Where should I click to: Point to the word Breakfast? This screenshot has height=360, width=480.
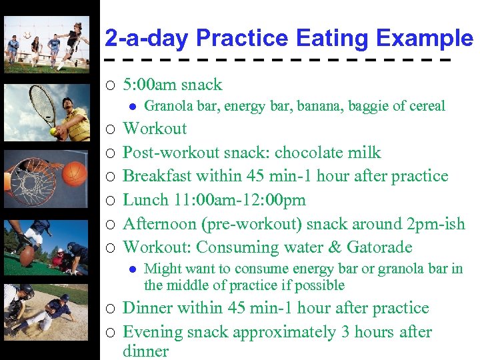click(x=161, y=176)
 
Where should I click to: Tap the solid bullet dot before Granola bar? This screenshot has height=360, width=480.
click(x=132, y=106)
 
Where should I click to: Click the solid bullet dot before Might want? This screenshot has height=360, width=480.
click(x=132, y=269)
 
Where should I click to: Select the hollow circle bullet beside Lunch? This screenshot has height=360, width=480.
click(x=110, y=201)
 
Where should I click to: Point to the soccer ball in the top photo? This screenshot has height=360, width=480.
click(x=27, y=35)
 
